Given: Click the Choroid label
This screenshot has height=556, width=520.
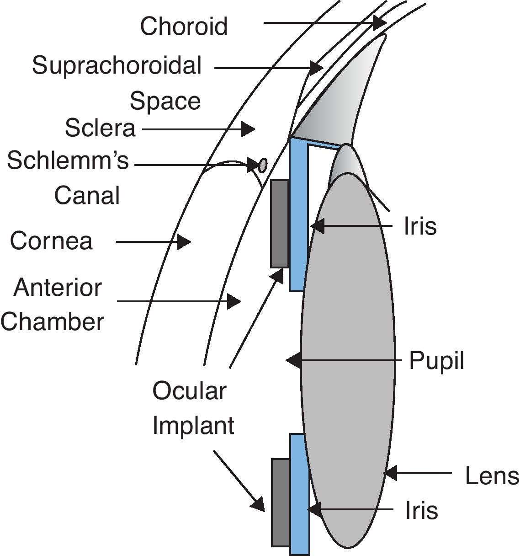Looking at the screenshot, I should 183,26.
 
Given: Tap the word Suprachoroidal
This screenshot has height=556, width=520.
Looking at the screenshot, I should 117,66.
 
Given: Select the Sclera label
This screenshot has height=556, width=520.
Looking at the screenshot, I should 100,128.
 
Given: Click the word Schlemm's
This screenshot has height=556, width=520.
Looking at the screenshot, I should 68,161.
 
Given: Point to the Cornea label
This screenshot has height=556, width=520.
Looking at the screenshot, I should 51,241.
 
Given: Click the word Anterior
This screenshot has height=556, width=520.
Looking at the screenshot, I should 58,288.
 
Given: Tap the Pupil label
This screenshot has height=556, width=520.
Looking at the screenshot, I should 436,361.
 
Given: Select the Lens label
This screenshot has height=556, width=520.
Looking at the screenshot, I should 492,476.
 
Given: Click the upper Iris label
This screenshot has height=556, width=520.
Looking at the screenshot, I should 420,226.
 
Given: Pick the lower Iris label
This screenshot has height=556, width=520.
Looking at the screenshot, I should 421,510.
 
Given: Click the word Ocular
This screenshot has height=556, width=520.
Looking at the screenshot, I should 189,391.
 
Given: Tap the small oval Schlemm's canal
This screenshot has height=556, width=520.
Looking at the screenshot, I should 263,165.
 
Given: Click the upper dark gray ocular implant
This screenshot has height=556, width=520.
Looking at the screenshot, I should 280,224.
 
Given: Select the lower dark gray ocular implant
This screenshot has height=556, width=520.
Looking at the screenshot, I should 281,503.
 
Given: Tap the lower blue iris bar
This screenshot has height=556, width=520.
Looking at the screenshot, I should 299,494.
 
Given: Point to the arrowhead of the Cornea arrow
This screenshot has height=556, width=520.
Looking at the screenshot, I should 184,241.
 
